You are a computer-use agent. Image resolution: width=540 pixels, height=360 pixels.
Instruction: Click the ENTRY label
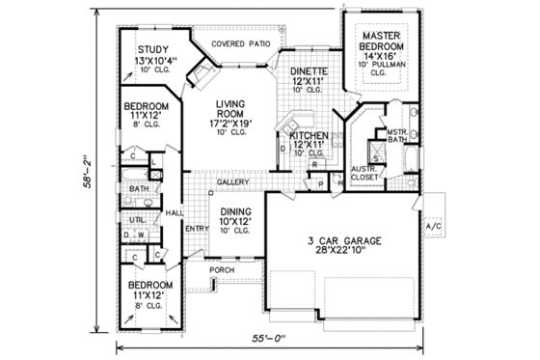point(197,229)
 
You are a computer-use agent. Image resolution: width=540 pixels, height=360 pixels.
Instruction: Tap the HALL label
point(174,212)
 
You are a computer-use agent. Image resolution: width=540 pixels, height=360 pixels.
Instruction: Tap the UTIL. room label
point(138,219)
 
